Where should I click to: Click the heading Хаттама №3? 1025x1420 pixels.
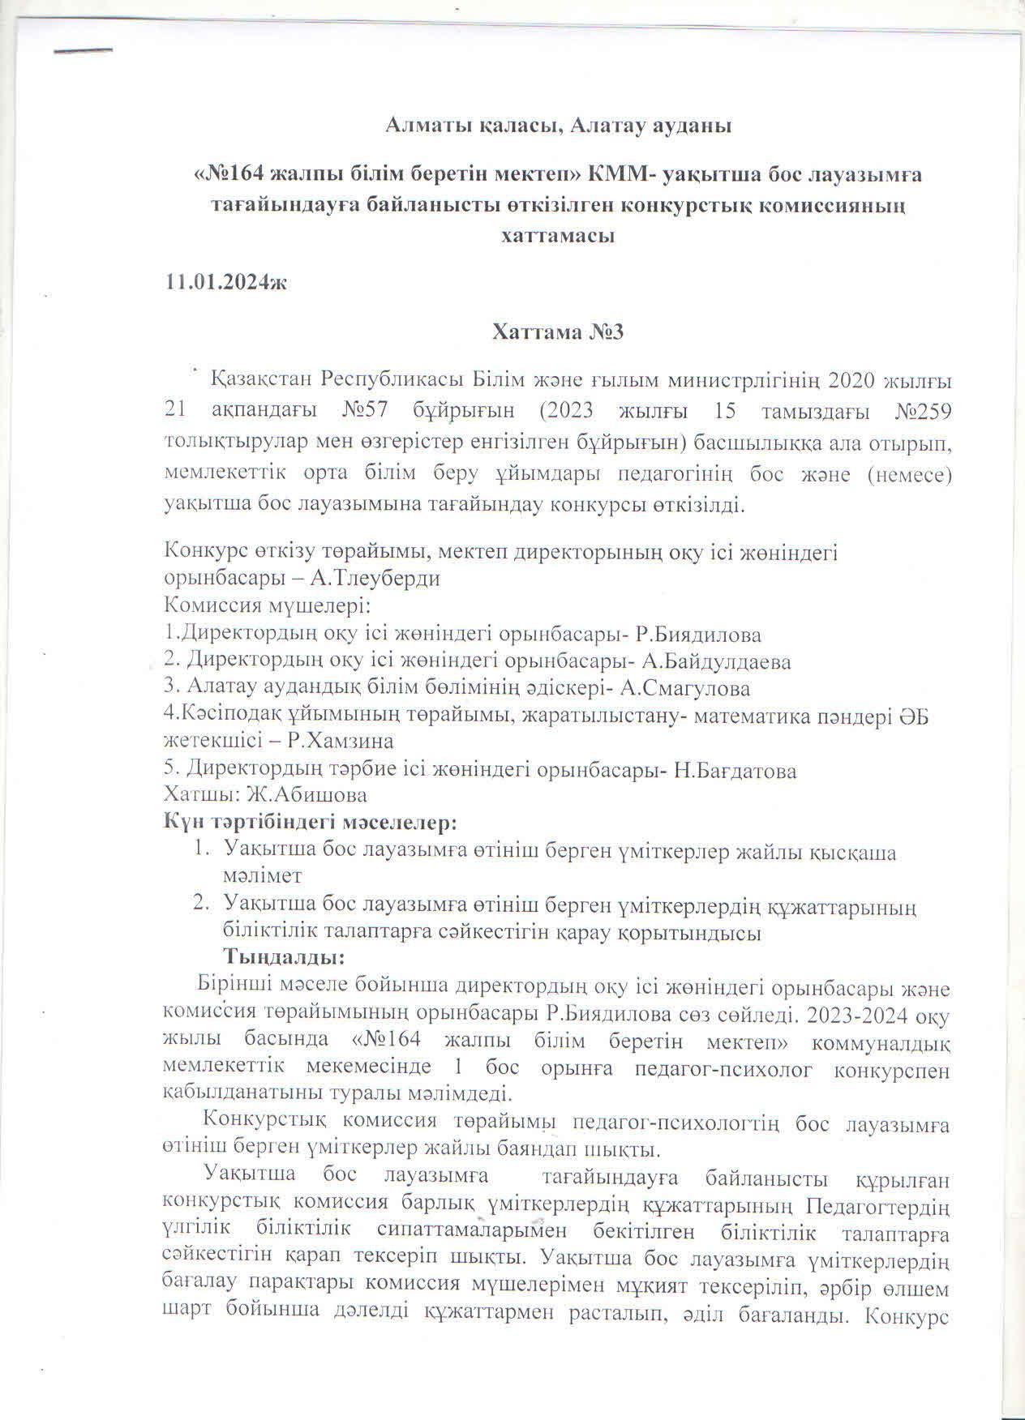tap(558, 331)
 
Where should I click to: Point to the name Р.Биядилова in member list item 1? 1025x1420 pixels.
tap(698, 634)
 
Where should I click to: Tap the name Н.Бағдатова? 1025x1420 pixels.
tap(736, 770)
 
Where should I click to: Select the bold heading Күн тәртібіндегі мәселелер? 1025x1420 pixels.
tap(311, 823)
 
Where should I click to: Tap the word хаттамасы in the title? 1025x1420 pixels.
tap(558, 236)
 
